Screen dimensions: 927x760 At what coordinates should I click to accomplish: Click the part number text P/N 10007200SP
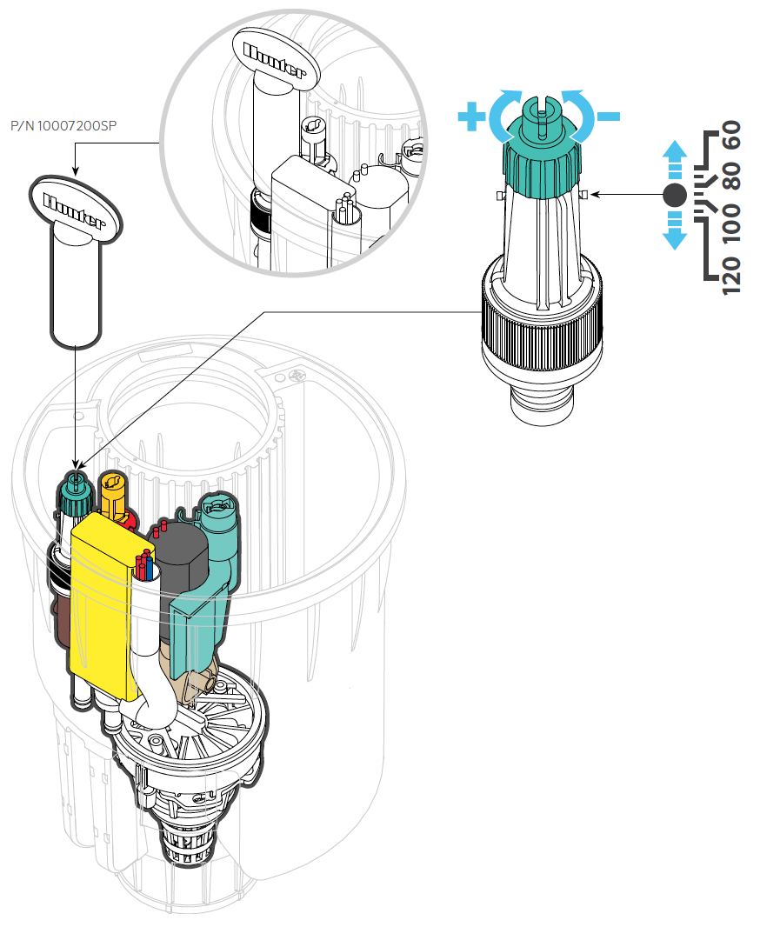click(x=63, y=127)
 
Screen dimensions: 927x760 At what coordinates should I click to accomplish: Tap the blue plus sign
click(x=472, y=117)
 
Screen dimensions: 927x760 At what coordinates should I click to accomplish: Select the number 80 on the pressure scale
click(x=732, y=179)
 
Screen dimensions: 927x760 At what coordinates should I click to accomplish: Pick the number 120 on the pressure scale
click(x=732, y=275)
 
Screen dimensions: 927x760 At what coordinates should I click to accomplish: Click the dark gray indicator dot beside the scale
click(x=674, y=196)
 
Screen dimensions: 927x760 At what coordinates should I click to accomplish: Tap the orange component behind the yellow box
click(x=113, y=496)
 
